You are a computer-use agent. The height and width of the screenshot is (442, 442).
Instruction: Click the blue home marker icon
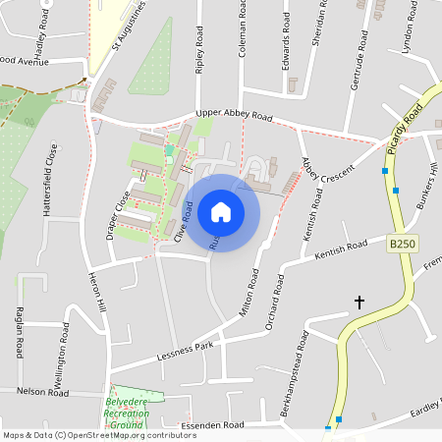221,212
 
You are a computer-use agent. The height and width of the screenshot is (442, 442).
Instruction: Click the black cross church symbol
359,303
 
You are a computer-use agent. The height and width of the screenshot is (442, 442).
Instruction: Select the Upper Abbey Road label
233,115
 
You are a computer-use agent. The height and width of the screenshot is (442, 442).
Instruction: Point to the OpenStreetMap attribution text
99,435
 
